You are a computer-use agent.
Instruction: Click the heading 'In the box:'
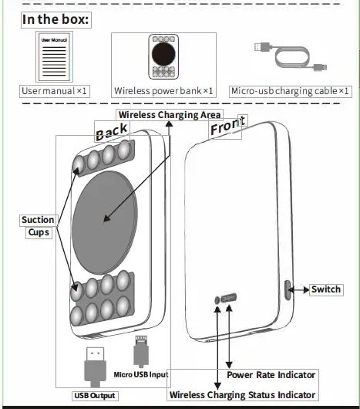pyautogui.click(x=56, y=19)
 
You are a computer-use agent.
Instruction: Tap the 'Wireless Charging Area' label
pyautogui.click(x=169, y=114)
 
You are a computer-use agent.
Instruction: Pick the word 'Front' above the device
pyautogui.click(x=228, y=127)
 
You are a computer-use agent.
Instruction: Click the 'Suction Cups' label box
pyautogui.click(x=37, y=226)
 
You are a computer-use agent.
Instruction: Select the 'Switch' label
pyautogui.click(x=325, y=290)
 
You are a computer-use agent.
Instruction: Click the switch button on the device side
pyautogui.click(x=288, y=290)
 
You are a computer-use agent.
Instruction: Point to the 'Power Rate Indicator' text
pyautogui.click(x=271, y=375)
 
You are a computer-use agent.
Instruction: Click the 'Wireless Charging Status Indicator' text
pyautogui.click(x=242, y=394)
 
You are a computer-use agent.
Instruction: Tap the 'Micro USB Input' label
pyautogui.click(x=140, y=375)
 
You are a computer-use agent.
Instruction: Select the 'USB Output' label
pyautogui.click(x=95, y=396)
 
